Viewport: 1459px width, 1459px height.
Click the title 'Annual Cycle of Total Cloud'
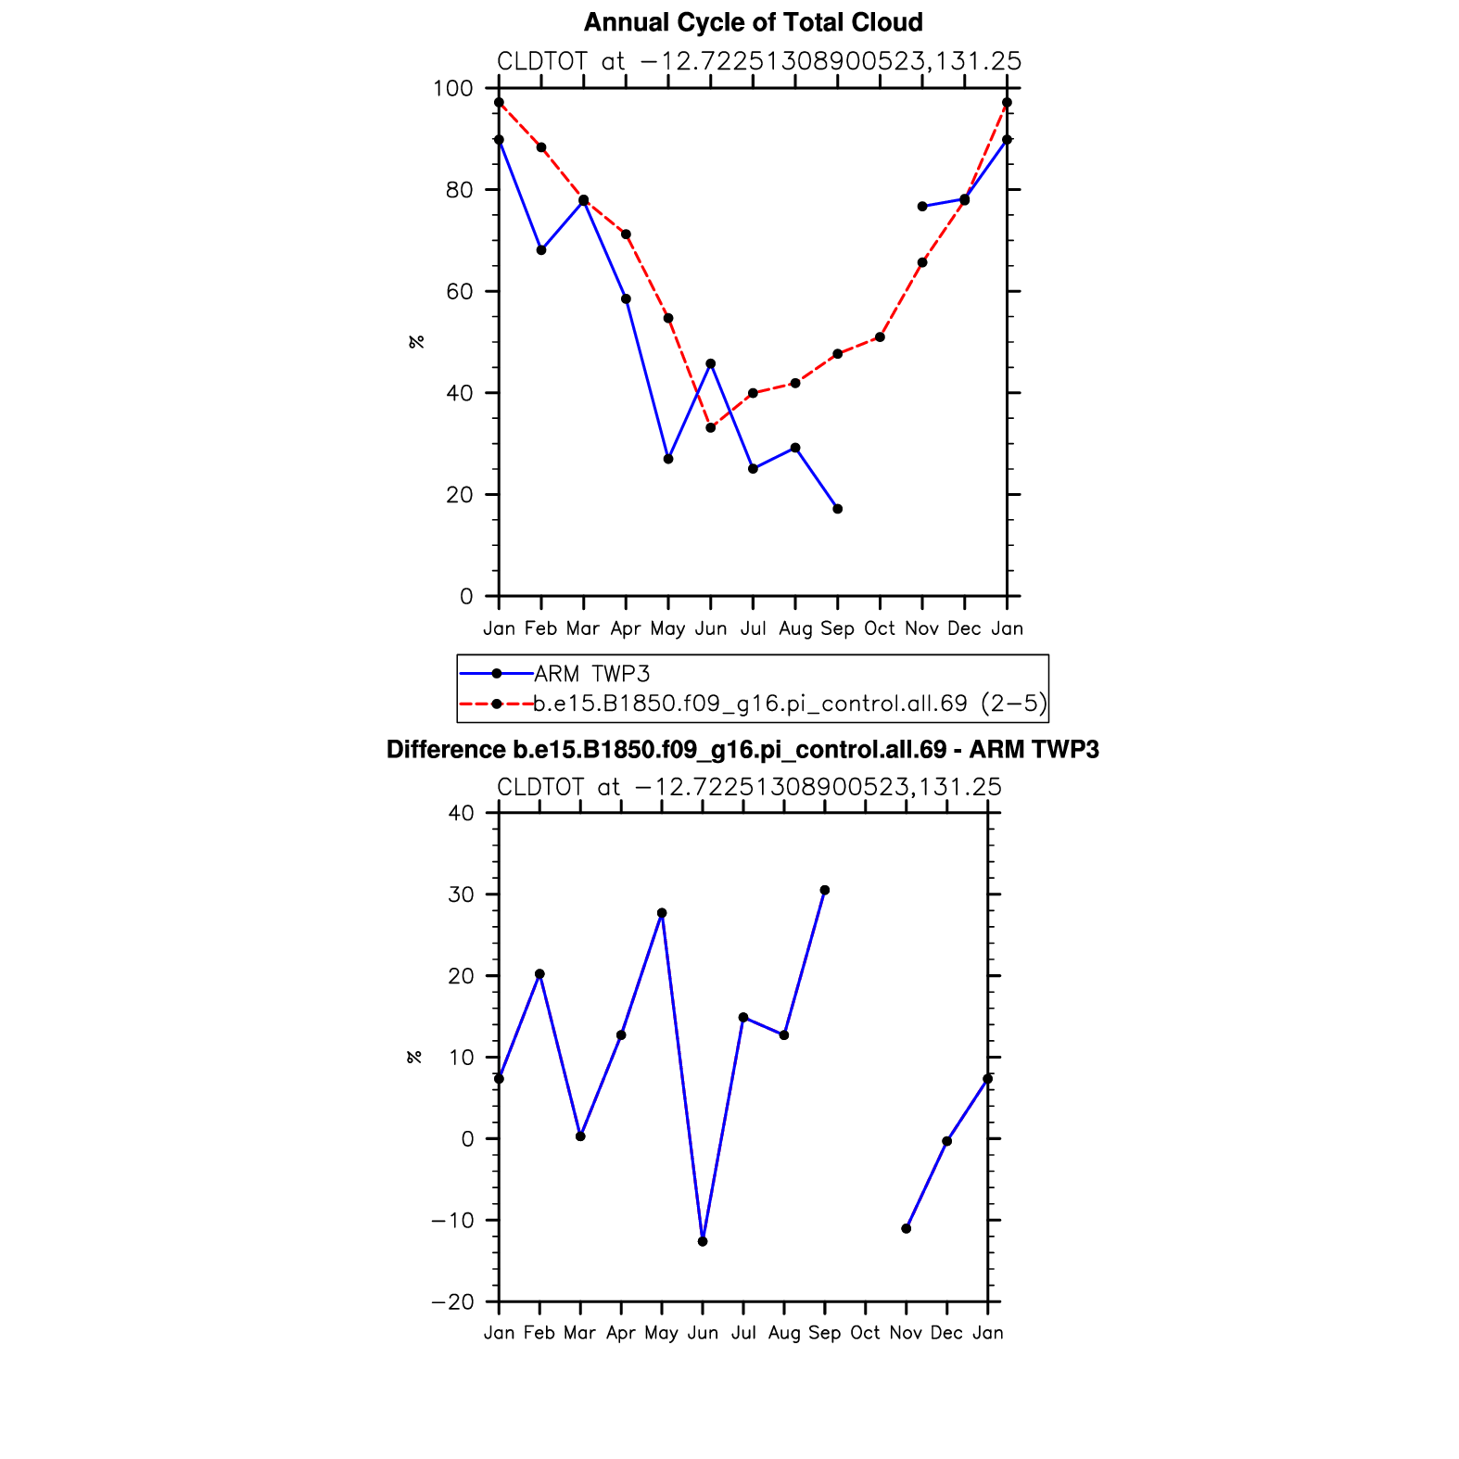click(753, 23)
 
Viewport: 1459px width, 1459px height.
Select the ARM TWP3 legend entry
click(591, 674)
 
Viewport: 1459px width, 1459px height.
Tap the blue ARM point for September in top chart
click(838, 509)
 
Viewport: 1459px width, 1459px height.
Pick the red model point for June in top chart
click(711, 427)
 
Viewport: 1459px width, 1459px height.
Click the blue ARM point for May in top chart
click(668, 459)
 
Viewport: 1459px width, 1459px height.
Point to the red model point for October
click(880, 337)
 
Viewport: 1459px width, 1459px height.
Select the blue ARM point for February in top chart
click(541, 250)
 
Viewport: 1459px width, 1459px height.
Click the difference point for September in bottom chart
click(825, 891)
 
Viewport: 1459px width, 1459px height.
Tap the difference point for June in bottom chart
click(703, 1241)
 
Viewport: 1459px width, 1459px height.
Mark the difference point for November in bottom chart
click(907, 1229)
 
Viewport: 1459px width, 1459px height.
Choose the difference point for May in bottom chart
click(662, 913)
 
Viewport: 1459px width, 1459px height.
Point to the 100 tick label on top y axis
click(452, 89)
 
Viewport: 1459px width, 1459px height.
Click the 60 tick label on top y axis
click(459, 292)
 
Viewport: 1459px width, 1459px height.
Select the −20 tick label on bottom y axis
click(452, 1302)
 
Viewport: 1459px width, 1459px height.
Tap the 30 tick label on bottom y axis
click(461, 895)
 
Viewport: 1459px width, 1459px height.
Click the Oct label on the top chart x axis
click(880, 628)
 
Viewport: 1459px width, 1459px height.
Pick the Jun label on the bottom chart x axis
click(703, 1333)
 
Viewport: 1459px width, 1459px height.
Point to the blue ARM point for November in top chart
click(922, 207)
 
